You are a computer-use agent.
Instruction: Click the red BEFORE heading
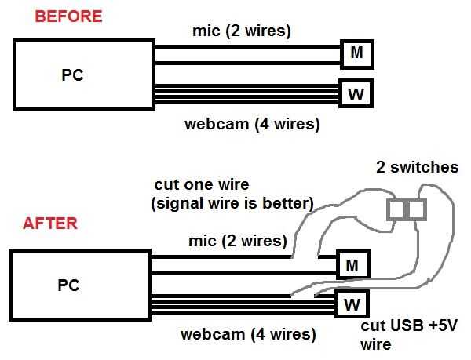point(57,16)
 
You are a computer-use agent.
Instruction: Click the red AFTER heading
point(50,224)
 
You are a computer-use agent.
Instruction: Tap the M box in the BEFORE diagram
point(356,54)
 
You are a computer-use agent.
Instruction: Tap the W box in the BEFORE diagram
point(356,95)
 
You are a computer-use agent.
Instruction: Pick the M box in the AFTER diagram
point(351,264)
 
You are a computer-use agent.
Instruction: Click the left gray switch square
point(398,209)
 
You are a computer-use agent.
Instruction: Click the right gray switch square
point(416,209)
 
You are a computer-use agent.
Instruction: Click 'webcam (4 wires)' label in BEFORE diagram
point(251,123)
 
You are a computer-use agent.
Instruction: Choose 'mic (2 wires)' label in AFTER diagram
point(235,240)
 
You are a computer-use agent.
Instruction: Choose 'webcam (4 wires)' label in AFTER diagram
point(249,334)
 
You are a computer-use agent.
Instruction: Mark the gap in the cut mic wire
point(305,256)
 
